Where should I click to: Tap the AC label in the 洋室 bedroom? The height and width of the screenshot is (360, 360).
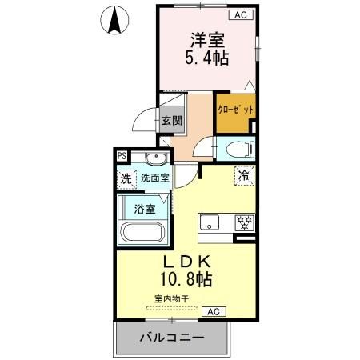click(x=238, y=14)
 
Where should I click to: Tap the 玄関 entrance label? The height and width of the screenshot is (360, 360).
click(x=171, y=122)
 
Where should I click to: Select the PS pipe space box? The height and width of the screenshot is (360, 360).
click(x=122, y=156)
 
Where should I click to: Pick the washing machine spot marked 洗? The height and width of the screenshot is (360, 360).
click(x=126, y=179)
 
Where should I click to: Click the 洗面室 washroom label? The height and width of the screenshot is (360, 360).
click(x=154, y=179)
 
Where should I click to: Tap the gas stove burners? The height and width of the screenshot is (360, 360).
click(x=243, y=222)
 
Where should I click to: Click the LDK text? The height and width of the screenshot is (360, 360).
click(x=189, y=262)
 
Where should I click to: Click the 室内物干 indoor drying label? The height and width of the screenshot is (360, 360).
click(x=171, y=299)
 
